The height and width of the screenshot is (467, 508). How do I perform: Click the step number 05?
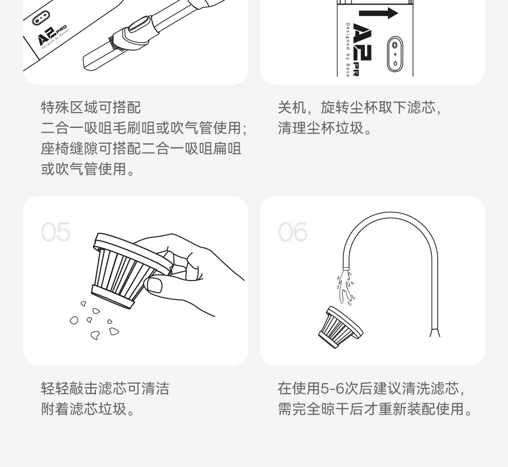pyautogui.click(x=55, y=232)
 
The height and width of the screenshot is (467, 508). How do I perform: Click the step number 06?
pyautogui.click(x=292, y=232)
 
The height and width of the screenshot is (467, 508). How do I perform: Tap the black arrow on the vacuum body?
pyautogui.click(x=378, y=13)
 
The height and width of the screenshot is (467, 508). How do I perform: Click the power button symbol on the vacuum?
pyautogui.click(x=395, y=63)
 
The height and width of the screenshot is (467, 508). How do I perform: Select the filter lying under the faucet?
pyautogui.click(x=340, y=328)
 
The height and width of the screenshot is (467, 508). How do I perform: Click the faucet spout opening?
pyautogui.click(x=346, y=268)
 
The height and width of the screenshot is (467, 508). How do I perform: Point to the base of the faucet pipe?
pyautogui.click(x=435, y=333)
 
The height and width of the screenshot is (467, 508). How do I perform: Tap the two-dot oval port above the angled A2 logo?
pyautogui.click(x=41, y=18)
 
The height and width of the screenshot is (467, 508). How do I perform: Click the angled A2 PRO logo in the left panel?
pyautogui.click(x=51, y=35)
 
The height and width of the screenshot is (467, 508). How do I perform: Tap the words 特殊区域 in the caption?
pyautogui.click(x=69, y=107)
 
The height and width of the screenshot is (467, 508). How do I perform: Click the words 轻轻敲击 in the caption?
pyautogui.click(x=69, y=388)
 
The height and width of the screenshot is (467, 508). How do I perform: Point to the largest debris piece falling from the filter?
pyautogui.click(x=114, y=331)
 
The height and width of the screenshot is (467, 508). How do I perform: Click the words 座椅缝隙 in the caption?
pyautogui.click(x=69, y=148)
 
